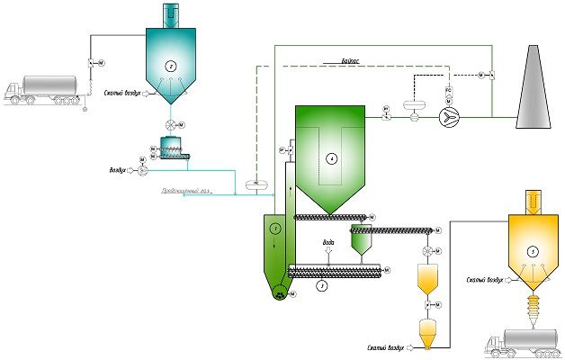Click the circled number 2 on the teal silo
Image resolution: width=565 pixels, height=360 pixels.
coord(171,66)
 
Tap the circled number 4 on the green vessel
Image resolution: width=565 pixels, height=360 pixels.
coord(331,158)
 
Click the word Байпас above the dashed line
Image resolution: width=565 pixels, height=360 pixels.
coord(352,58)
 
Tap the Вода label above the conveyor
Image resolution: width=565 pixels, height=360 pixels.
coord(329,243)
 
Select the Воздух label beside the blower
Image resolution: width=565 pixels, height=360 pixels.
coord(117,168)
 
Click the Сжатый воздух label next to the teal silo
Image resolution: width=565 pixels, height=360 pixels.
coord(124,91)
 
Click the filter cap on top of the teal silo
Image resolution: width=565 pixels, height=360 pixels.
coord(171,13)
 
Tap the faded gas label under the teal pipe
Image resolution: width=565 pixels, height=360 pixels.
coord(187,192)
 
